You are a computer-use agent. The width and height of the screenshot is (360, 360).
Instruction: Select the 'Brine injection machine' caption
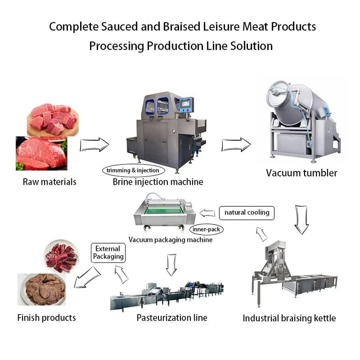pos(158,181)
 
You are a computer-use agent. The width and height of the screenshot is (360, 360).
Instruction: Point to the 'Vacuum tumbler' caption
pos(301,173)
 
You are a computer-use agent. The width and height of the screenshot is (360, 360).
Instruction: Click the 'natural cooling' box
pos(247,212)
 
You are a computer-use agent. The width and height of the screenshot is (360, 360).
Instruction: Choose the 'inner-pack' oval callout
pos(207,230)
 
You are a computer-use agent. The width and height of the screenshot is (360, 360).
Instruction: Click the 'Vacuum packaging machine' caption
pos(171,240)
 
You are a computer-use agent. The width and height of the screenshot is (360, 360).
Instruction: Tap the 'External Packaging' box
pos(108,253)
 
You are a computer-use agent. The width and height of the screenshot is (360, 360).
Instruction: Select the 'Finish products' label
pos(46,318)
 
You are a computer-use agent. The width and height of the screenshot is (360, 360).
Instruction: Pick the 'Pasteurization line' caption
pos(172,318)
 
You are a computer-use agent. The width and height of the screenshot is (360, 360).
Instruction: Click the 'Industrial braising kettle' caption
pos(289,318)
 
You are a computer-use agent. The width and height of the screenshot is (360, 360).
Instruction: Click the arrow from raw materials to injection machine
pos(94,145)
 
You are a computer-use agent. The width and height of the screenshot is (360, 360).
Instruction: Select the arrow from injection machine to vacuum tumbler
pos(236,145)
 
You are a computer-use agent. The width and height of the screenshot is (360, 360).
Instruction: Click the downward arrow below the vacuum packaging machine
pos(172,264)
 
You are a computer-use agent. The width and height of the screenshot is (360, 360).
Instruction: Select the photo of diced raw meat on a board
pos(52,119)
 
